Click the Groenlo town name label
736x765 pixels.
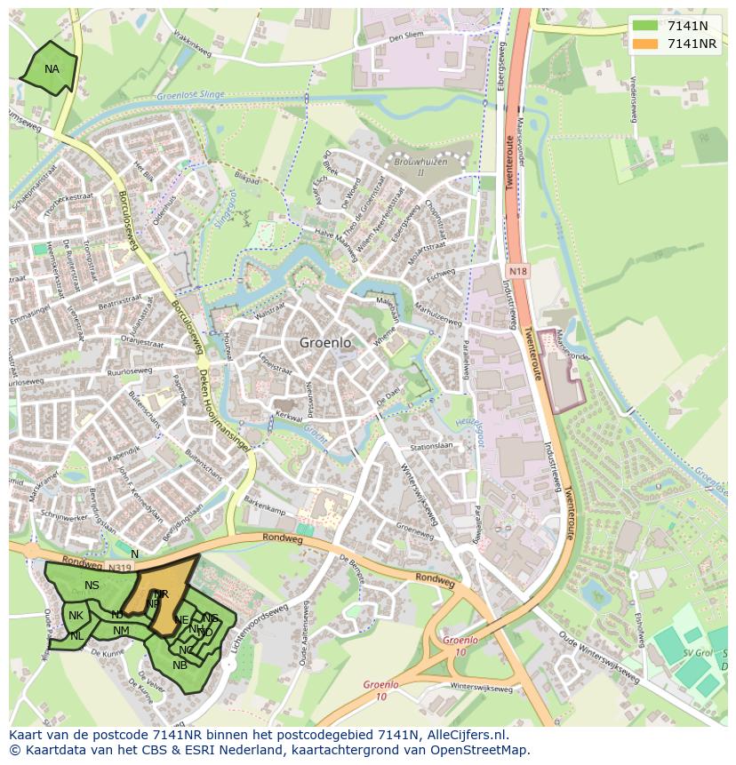pos(325,342)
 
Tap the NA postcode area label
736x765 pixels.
pos(52,69)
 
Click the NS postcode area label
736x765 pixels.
pos(92,585)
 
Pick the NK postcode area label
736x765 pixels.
pos(76,616)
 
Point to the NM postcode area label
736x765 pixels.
pos(121,631)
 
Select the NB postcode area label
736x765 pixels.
pos(180,665)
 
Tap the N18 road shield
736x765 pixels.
pos(518,270)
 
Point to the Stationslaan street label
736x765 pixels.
pos(431,446)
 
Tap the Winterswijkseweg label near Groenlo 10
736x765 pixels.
pos(481,688)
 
